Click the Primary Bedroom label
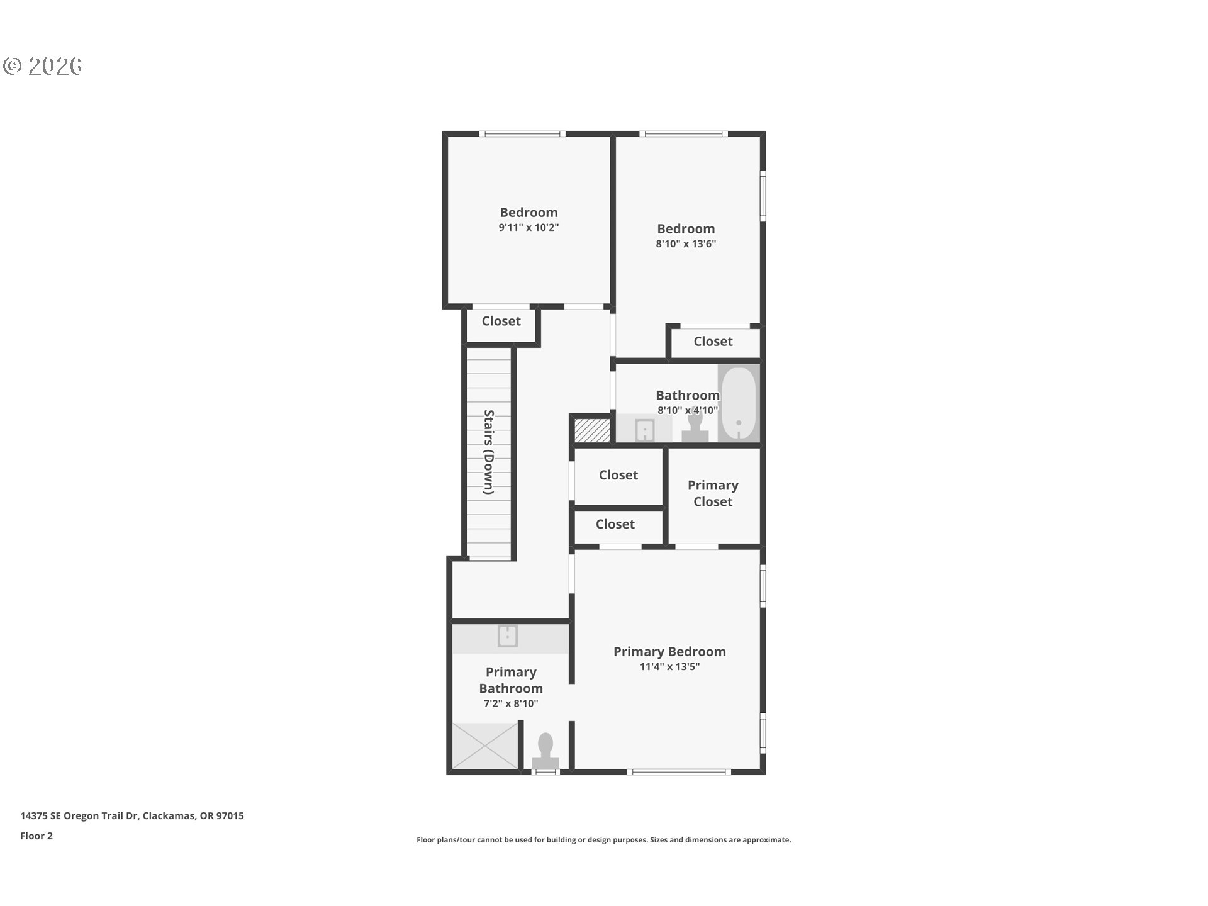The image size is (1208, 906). (x=669, y=652)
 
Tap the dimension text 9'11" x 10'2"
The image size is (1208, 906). (x=528, y=228)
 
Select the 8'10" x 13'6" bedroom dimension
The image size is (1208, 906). (x=686, y=244)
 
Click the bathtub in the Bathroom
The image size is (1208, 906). (x=739, y=403)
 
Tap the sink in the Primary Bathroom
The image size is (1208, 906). (x=508, y=636)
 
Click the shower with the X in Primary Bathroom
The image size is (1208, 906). (x=485, y=746)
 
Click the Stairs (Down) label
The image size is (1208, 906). (x=489, y=452)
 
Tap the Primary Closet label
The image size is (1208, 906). (x=713, y=493)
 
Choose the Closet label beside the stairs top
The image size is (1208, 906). (x=501, y=321)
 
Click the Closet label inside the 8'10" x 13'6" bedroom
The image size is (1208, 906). (x=713, y=342)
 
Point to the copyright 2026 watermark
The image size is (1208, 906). (x=43, y=65)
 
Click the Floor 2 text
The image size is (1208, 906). (x=36, y=836)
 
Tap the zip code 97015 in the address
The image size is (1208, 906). (x=230, y=815)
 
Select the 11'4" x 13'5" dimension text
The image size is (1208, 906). (x=669, y=667)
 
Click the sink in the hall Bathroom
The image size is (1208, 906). (x=645, y=431)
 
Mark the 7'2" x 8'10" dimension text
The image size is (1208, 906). (x=511, y=703)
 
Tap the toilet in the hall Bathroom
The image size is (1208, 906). (x=695, y=426)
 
